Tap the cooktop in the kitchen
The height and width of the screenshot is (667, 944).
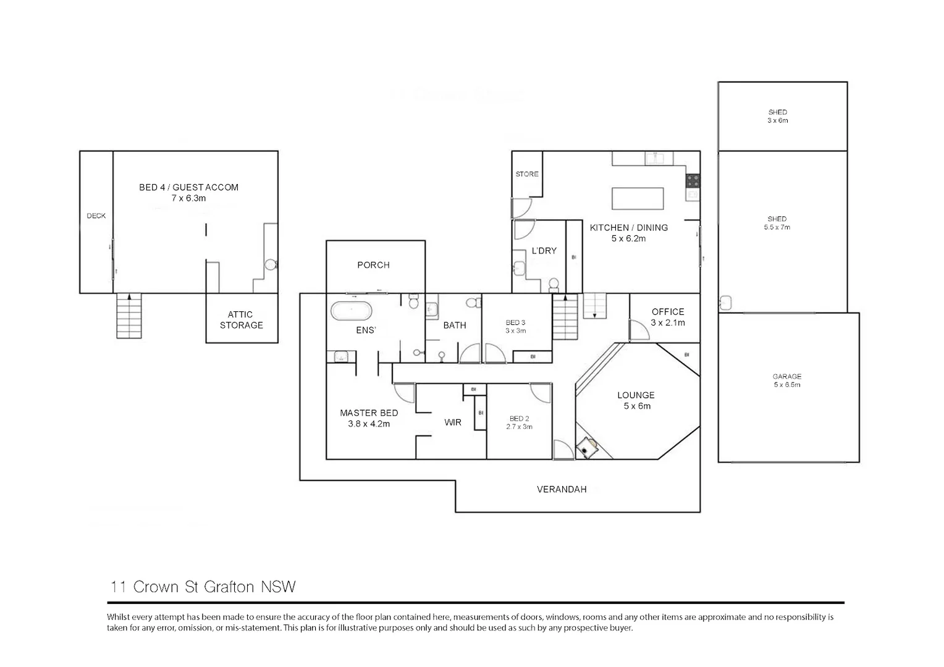(693, 181)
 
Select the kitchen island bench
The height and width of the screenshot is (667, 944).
(638, 199)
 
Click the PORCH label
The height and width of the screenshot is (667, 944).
(373, 265)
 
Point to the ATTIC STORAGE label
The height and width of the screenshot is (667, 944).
(242, 320)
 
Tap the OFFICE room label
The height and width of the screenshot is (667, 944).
(668, 312)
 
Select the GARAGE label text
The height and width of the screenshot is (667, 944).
(786, 376)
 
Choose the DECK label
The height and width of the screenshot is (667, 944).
(96, 216)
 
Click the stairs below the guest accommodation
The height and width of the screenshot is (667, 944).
(129, 316)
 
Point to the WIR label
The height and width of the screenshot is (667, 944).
(453, 422)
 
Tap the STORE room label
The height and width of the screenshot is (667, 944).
(527, 174)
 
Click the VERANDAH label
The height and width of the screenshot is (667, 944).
(561, 489)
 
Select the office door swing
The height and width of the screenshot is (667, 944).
(639, 330)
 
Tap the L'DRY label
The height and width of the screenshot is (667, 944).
(544, 251)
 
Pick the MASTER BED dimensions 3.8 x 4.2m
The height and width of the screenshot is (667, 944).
(369, 424)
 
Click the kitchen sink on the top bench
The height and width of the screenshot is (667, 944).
(659, 158)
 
